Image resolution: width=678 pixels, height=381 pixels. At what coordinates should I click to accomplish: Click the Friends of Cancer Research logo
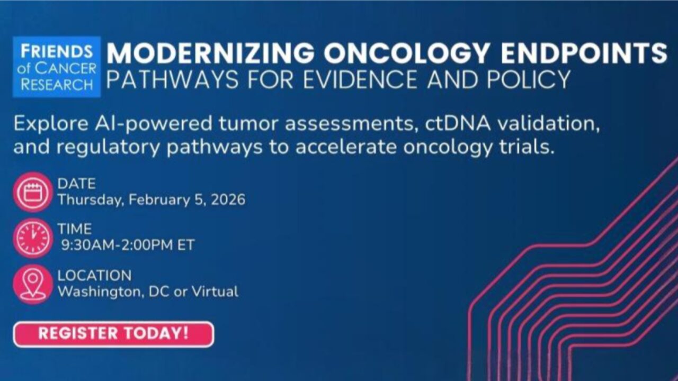point(57,67)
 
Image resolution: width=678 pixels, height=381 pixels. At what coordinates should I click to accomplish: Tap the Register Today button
point(113,334)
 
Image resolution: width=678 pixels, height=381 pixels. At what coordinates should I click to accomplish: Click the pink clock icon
point(33,238)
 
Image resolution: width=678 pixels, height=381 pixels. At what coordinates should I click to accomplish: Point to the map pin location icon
point(33,284)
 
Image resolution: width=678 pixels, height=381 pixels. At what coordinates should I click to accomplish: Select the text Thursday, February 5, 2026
point(151,200)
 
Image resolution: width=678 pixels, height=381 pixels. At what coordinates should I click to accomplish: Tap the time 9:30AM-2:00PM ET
point(128,246)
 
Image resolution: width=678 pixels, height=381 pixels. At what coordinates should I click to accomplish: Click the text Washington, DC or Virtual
point(148,292)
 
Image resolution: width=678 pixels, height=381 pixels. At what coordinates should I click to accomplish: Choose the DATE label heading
point(77,184)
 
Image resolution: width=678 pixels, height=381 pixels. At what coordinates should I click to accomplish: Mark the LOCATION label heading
point(94,275)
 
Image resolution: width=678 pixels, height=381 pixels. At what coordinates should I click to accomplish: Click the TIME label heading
point(75,229)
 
